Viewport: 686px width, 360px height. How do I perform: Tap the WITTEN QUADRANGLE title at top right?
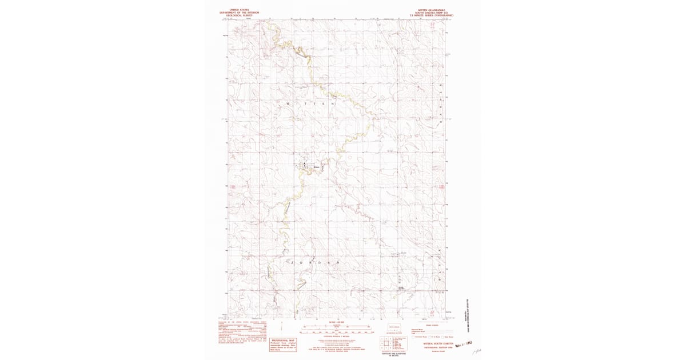[428, 10]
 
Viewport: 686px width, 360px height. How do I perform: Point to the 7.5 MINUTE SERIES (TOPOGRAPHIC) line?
[428, 15]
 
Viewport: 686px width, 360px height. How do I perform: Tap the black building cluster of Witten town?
[305, 166]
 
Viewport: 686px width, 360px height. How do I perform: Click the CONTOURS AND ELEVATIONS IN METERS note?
[394, 355]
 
